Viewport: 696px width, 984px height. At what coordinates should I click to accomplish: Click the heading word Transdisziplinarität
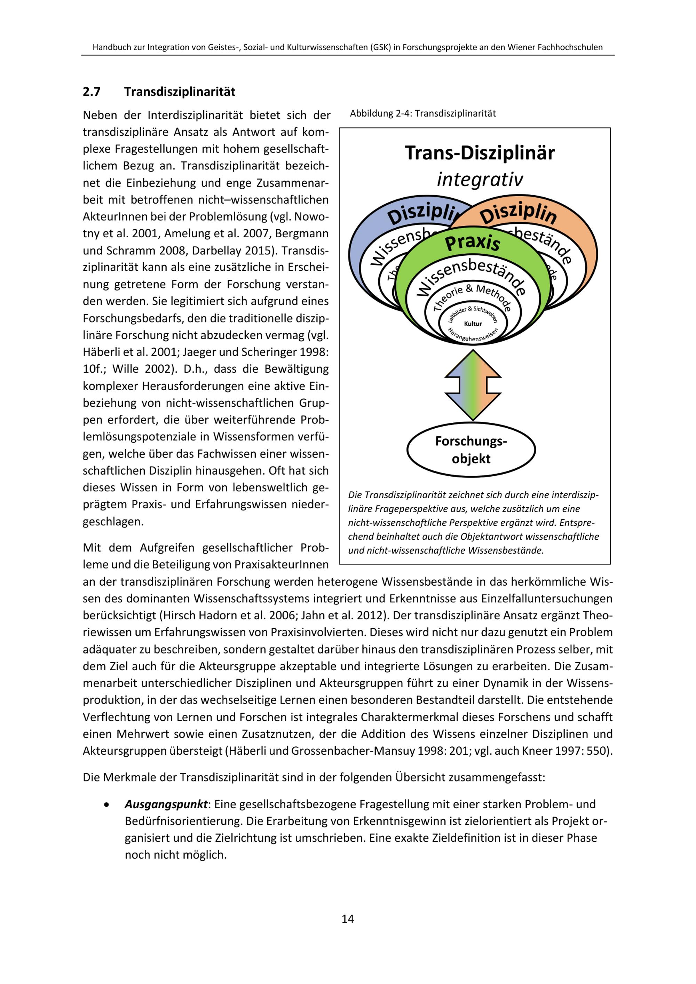pyautogui.click(x=180, y=92)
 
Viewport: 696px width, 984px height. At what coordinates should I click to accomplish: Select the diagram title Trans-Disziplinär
pyautogui.click(x=479, y=153)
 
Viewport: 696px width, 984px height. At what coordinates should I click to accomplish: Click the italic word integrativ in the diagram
pyautogui.click(x=480, y=179)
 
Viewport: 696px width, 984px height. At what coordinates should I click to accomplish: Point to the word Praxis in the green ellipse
pyautogui.click(x=472, y=243)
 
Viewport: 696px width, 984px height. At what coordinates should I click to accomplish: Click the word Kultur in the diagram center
pyautogui.click(x=473, y=324)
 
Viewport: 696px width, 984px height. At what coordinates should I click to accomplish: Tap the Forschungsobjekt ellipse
pyautogui.click(x=471, y=450)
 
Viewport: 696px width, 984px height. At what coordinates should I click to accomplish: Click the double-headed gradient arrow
pyautogui.click(x=473, y=385)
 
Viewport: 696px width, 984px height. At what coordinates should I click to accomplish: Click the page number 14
pyautogui.click(x=348, y=919)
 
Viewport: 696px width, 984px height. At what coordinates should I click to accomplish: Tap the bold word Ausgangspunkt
pyautogui.click(x=166, y=804)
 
